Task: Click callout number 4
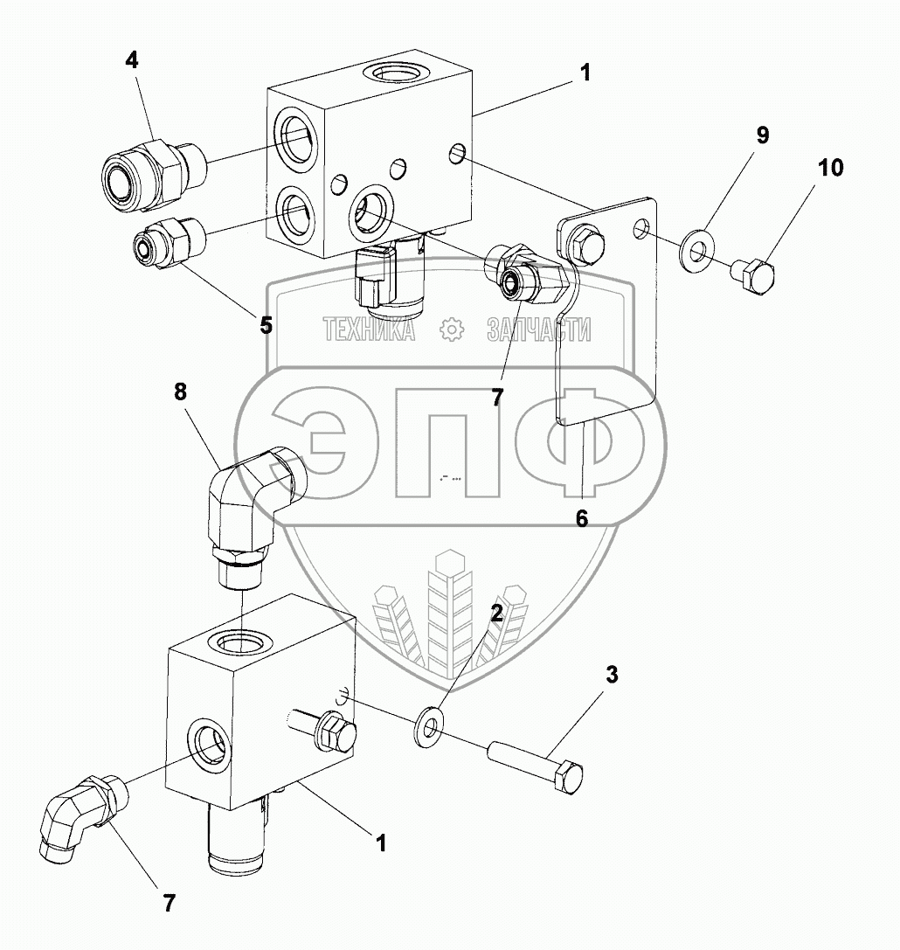(131, 60)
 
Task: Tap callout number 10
(831, 167)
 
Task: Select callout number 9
(762, 135)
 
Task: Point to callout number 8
(180, 392)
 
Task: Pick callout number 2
(495, 612)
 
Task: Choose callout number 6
(582, 517)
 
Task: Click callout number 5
(265, 324)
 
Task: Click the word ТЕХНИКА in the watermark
(369, 329)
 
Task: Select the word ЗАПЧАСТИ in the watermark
(538, 329)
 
